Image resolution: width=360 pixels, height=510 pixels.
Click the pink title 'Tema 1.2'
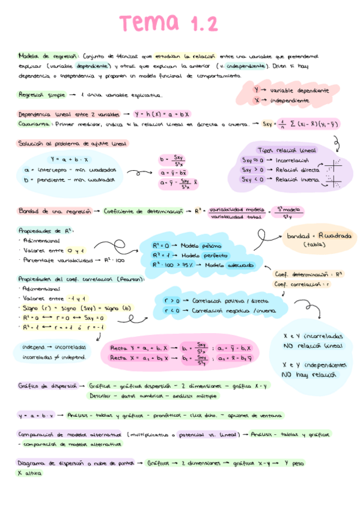[168, 24]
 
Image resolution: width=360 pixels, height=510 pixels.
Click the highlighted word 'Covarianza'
[34, 124]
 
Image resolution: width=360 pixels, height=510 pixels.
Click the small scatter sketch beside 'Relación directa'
[329, 170]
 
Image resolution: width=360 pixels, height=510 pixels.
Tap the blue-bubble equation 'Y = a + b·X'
[69, 159]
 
